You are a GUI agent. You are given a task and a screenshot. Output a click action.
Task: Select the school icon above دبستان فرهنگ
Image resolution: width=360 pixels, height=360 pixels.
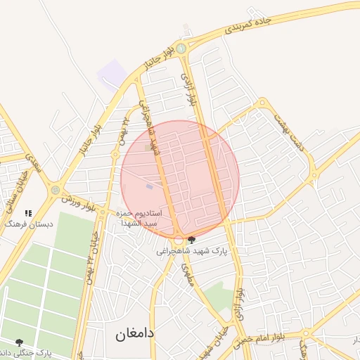pos(29,212)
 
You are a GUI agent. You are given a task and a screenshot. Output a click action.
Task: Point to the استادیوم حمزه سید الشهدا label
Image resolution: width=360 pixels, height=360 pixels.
pos(141,217)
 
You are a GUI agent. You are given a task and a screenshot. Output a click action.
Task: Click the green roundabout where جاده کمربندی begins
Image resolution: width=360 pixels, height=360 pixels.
pos(181,49)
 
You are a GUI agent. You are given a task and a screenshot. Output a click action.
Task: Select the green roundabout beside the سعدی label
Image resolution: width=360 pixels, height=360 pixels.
pos(55,189)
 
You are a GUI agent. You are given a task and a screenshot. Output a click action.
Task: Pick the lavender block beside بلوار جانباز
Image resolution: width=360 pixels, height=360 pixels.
pos(110,74)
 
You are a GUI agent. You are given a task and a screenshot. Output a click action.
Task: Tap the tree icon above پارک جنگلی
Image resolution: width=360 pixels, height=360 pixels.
pos(19,342)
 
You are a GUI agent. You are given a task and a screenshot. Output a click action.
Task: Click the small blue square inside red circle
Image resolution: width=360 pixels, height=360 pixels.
pos(148,186)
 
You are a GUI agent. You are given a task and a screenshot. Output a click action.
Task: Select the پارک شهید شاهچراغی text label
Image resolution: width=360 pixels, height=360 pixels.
pos(193,250)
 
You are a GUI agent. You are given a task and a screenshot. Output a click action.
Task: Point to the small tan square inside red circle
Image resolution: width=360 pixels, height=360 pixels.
pos(148,148)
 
